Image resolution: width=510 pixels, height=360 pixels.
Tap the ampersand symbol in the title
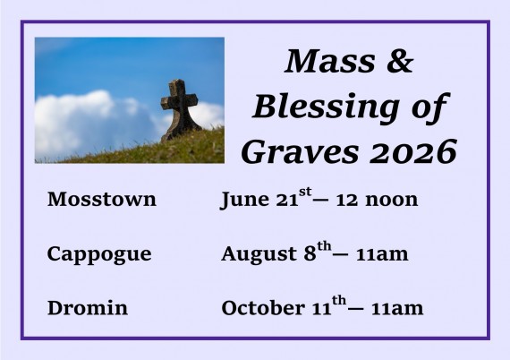(x=402, y=62)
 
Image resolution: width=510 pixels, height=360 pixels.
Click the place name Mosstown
(x=101, y=200)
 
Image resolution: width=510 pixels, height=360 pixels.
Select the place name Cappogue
(x=98, y=254)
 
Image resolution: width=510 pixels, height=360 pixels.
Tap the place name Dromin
(x=87, y=308)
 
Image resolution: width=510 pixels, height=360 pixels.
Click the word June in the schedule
(x=244, y=200)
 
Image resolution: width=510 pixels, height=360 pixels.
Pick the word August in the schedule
(x=258, y=254)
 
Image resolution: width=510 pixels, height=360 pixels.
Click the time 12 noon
(x=377, y=200)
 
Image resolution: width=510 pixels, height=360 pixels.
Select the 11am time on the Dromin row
(x=396, y=308)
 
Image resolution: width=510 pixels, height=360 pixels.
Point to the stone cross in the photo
(x=179, y=107)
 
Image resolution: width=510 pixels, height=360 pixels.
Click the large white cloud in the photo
(x=81, y=124)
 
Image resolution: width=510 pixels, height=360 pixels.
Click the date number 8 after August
(x=309, y=254)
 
